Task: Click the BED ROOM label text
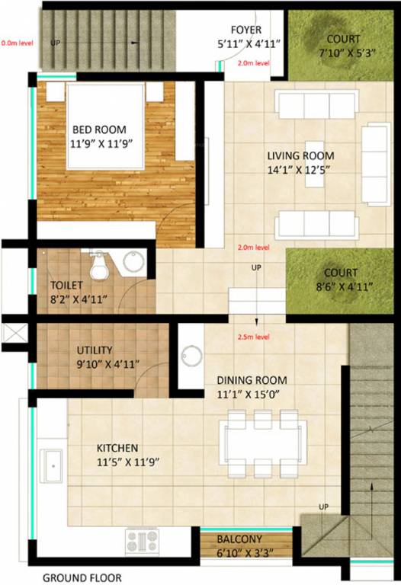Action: (x=98, y=129)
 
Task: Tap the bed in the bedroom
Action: (x=104, y=126)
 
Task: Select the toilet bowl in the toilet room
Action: (x=98, y=267)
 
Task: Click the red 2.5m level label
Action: (x=253, y=336)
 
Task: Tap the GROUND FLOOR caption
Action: (x=82, y=577)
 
